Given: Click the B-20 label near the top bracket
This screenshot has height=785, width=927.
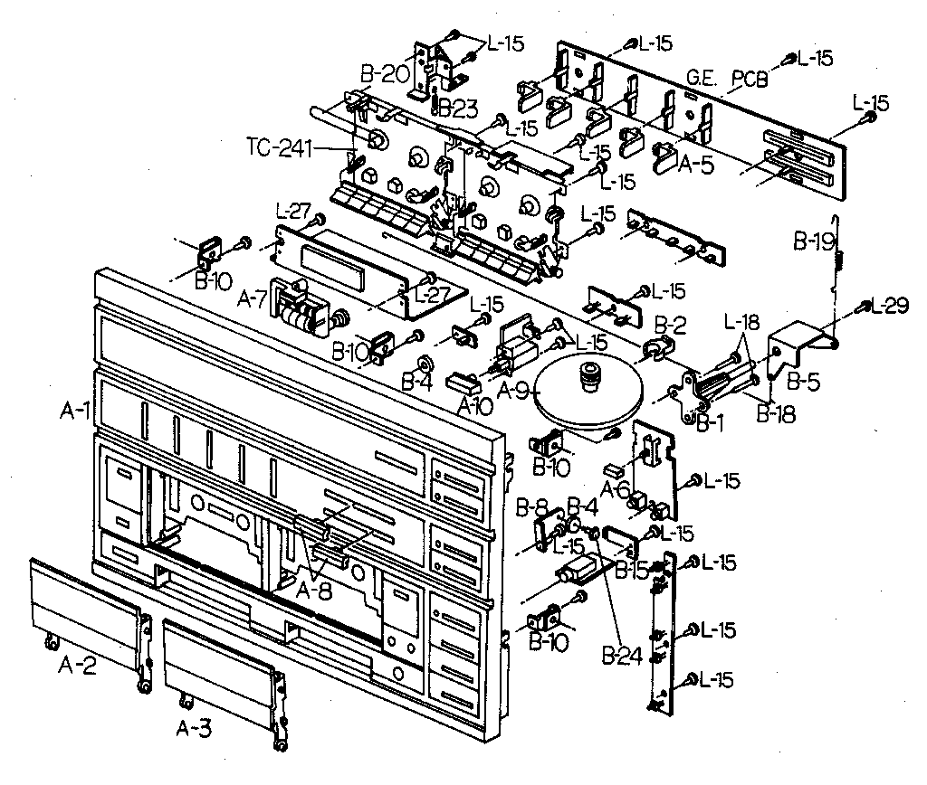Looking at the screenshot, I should [x=385, y=71].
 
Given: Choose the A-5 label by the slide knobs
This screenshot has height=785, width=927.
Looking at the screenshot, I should [x=697, y=163].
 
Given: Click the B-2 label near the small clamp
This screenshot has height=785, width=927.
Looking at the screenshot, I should [x=670, y=324].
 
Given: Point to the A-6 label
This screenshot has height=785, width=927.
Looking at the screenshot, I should [x=618, y=488].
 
